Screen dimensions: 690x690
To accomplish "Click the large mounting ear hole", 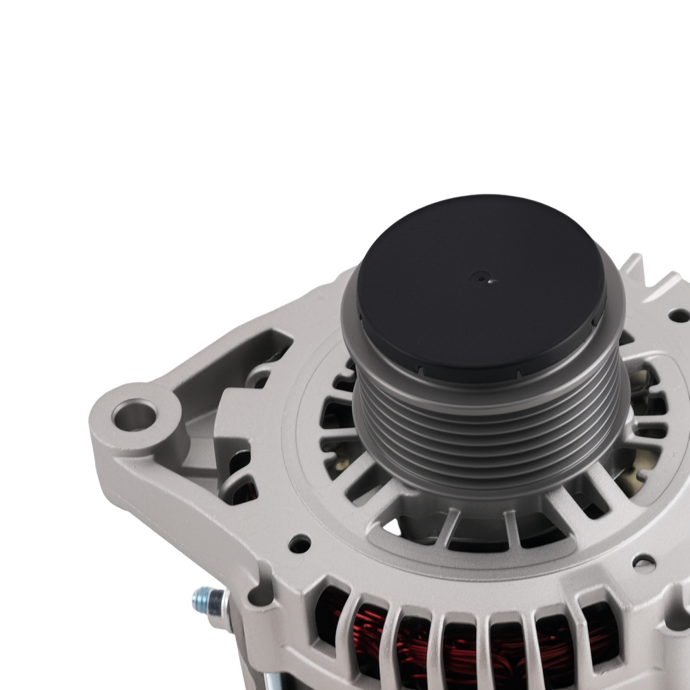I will tap(135, 416).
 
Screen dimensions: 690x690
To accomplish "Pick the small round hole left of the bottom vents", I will tap(299, 543).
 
